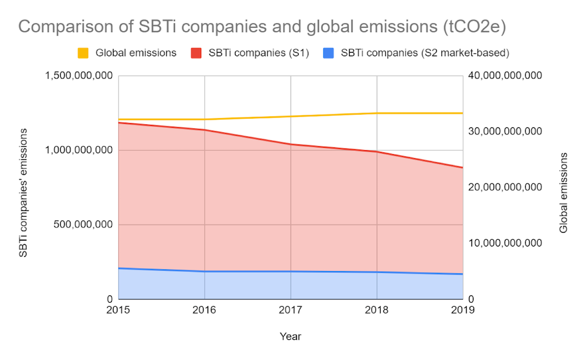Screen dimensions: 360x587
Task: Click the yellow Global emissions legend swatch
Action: tap(84, 53)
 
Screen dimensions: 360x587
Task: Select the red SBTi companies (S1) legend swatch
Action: tap(196, 53)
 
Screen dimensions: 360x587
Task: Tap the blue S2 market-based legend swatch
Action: tap(328, 53)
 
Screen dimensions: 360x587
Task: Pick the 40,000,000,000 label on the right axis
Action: tap(505, 76)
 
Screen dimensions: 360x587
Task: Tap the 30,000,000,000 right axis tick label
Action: tap(505, 132)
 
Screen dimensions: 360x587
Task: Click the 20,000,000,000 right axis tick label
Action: tap(505, 187)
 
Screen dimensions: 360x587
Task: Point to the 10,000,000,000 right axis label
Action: tap(505, 243)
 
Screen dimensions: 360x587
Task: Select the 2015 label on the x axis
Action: tap(119, 310)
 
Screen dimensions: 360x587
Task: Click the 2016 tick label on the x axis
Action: tap(205, 310)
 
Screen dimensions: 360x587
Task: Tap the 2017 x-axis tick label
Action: tap(291, 310)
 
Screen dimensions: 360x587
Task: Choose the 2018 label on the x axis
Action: tap(377, 310)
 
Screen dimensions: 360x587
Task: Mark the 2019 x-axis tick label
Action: tap(463, 310)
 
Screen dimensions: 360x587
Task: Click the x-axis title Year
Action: tap(291, 336)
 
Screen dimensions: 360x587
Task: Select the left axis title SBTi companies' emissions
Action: tap(24, 193)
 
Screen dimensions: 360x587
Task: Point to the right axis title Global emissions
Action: tap(563, 193)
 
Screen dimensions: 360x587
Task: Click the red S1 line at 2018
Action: tap(377, 151)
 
